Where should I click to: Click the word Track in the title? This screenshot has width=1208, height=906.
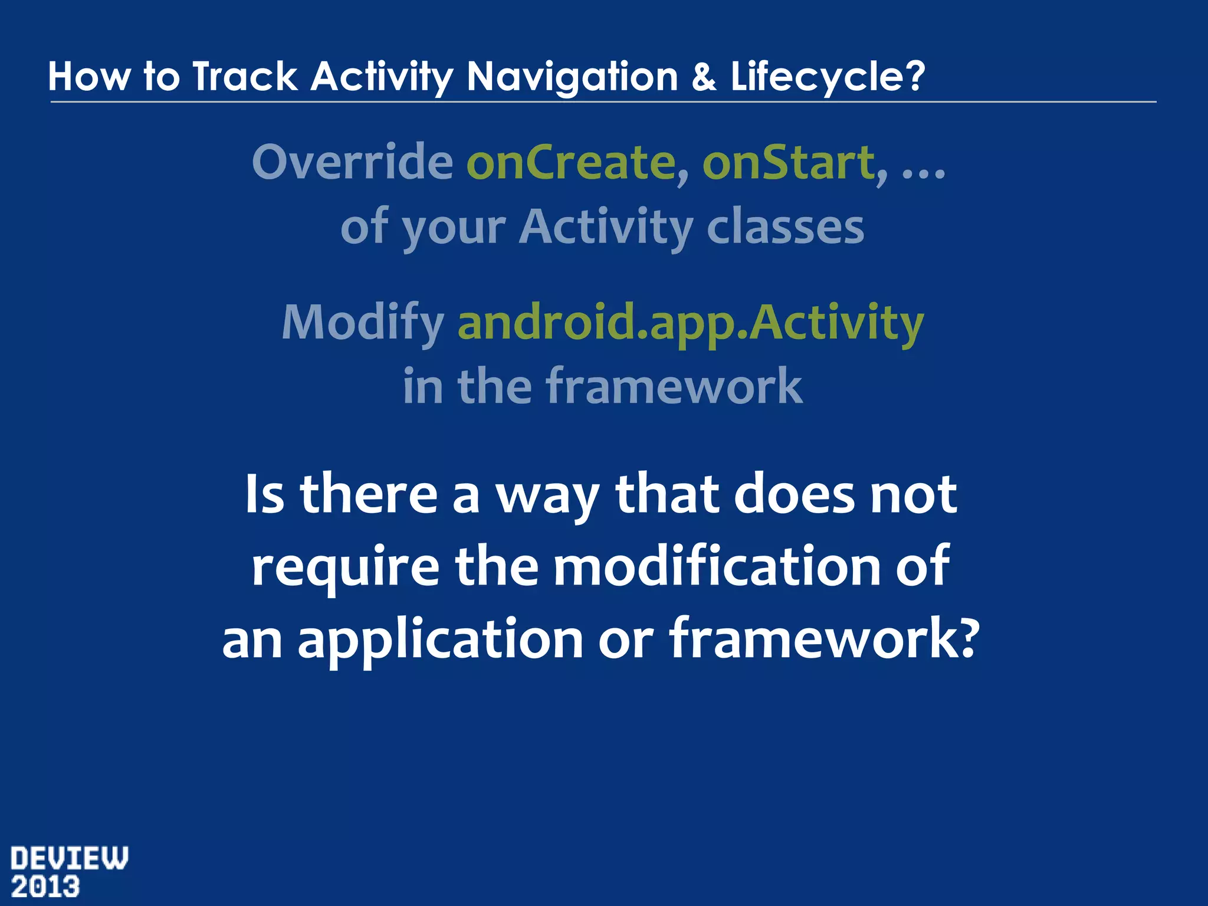tap(245, 77)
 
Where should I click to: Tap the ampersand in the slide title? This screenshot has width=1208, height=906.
tap(704, 77)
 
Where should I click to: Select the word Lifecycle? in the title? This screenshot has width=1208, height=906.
tap(828, 77)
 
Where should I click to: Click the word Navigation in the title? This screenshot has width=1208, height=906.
tap(572, 77)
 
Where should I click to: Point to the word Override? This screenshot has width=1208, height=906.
tap(352, 162)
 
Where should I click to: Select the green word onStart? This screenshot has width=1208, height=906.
tap(794, 162)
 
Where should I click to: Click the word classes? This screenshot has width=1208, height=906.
tap(785, 227)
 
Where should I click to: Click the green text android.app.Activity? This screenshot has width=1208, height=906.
tap(690, 323)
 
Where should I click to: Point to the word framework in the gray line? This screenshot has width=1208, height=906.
tap(674, 386)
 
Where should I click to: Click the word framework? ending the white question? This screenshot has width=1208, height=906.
tap(823, 639)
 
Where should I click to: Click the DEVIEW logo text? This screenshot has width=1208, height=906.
tap(69, 858)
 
